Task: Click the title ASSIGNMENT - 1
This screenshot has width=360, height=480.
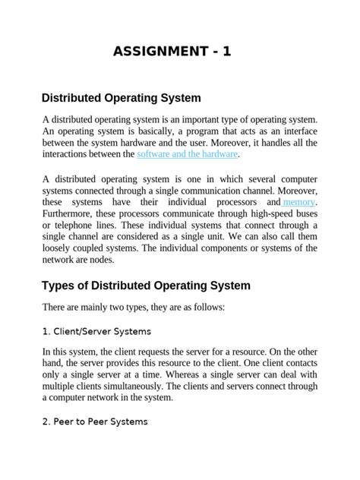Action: tap(172, 52)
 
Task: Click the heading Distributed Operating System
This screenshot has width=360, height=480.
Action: tap(121, 98)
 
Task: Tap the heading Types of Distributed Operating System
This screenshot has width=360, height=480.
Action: tap(145, 286)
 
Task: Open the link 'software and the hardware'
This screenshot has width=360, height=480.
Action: tap(188, 154)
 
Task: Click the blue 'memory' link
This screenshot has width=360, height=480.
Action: tap(298, 203)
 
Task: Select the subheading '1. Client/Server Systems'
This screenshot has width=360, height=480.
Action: tap(96, 331)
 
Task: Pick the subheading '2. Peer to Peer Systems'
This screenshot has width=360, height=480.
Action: tap(95, 421)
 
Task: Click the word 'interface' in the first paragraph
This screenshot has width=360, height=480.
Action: tap(296, 131)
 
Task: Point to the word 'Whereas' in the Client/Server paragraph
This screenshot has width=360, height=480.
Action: tap(203, 374)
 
